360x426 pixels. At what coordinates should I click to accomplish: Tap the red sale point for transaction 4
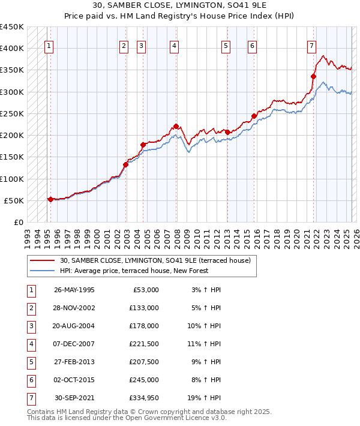[x=176, y=126]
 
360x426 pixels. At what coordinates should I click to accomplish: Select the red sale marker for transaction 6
[x=254, y=116]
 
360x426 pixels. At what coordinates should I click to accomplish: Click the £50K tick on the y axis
[x=14, y=200]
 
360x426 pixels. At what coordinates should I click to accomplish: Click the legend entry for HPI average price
[x=134, y=271]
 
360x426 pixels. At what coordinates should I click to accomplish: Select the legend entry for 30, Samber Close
[x=158, y=260]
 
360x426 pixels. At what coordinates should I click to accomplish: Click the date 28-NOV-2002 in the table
[x=74, y=308]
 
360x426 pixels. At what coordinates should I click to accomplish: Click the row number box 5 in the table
[x=31, y=362]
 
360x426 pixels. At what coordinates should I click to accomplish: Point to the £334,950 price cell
[x=142, y=398]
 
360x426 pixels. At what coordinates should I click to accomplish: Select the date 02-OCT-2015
[x=74, y=380]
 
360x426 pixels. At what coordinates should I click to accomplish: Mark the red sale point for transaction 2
[x=126, y=164]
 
